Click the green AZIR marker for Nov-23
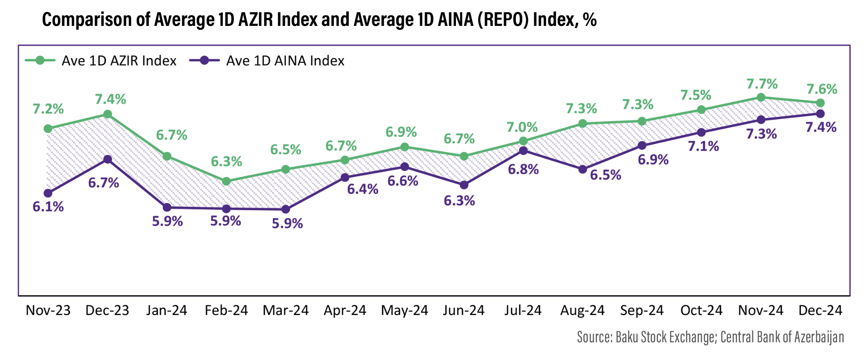pyautogui.click(x=48, y=129)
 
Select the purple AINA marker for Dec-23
pyautogui.click(x=108, y=159)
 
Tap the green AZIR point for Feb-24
pyautogui.click(x=226, y=181)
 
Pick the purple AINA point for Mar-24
pyautogui.click(x=285, y=209)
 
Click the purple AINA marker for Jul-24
pyautogui.click(x=523, y=151)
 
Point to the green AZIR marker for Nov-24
pyautogui.click(x=761, y=97)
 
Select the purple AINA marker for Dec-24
pyautogui.click(x=820, y=114)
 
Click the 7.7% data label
pyautogui.click(x=762, y=83)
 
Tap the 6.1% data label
pyautogui.click(x=48, y=207)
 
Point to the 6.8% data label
pyautogui.click(x=523, y=169)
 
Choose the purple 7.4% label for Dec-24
pyautogui.click(x=821, y=127)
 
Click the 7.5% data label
pyautogui.click(x=696, y=95)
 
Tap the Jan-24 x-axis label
pyautogui.click(x=167, y=310)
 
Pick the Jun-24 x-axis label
pyautogui.click(x=464, y=310)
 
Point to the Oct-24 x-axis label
pyautogui.click(x=701, y=310)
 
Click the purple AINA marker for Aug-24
pyautogui.click(x=582, y=169)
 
